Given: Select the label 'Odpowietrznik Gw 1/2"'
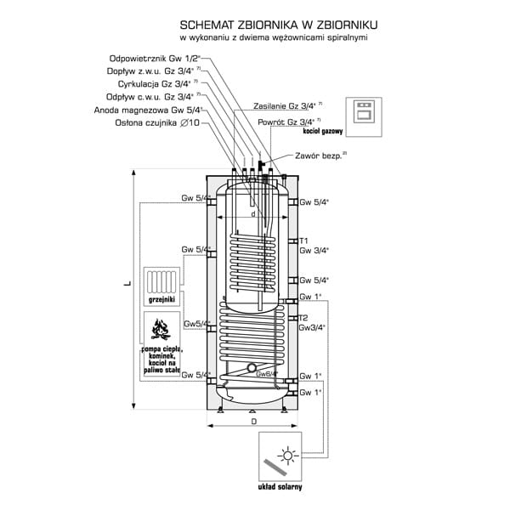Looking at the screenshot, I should coord(159,58).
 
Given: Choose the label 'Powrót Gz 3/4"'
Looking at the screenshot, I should coord(290,122).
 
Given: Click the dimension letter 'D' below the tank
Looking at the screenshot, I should coord(252,422).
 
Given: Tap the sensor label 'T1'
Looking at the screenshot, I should coord(303,241).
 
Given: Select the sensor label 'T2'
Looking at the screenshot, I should coord(303,317).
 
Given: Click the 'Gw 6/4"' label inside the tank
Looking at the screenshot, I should coord(266,374).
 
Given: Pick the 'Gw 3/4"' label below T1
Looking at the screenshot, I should coord(314,251).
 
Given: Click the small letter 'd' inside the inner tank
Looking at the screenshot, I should coord(252,214).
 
